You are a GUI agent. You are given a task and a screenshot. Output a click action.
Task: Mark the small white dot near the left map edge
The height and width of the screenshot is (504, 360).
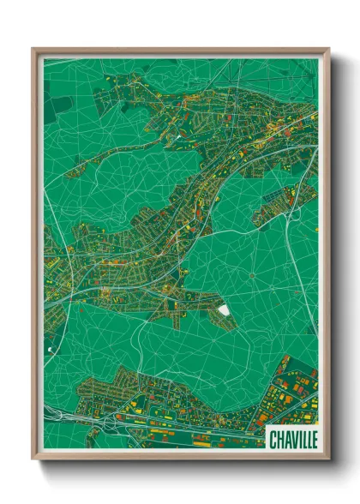click(x=50, y=351)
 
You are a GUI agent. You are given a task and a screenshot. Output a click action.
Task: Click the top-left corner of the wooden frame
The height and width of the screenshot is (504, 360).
click(x=33, y=49)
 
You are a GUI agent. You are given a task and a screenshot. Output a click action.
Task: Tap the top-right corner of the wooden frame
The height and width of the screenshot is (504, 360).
click(x=328, y=49)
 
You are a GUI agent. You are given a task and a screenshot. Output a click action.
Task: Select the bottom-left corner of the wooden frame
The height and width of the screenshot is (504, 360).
click(x=33, y=460)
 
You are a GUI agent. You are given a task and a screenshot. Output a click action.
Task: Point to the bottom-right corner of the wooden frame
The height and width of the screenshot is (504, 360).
click(x=328, y=460)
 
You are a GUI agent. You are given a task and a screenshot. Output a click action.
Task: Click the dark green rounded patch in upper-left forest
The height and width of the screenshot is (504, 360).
click(x=57, y=106)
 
